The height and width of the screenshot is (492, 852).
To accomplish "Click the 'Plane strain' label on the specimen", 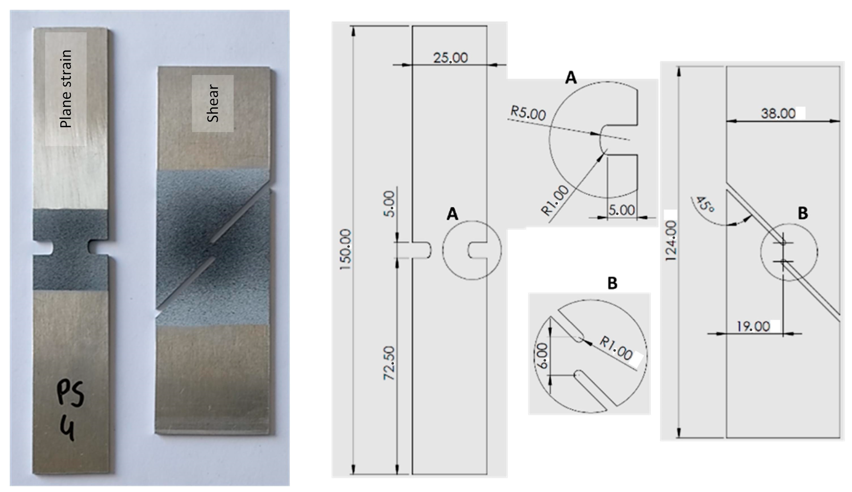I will pyautogui.click(x=66, y=89).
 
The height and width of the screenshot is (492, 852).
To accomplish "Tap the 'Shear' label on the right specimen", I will pyautogui.click(x=213, y=103).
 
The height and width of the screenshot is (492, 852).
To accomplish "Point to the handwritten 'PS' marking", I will pyautogui.click(x=70, y=394).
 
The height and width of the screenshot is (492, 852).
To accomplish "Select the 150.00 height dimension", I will pyautogui.click(x=346, y=249).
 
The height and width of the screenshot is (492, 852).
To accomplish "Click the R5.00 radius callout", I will pyautogui.click(x=528, y=113).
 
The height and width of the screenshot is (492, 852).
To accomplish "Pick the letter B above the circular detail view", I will pyautogui.click(x=612, y=283).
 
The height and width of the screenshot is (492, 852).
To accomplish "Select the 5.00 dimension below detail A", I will pyautogui.click(x=621, y=210).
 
